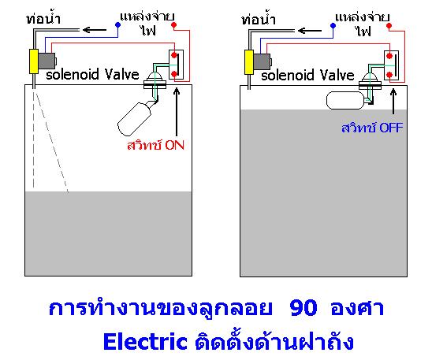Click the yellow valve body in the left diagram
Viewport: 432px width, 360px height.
(34, 61)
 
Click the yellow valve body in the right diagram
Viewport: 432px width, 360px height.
(249, 62)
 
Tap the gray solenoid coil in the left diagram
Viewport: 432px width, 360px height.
(47, 61)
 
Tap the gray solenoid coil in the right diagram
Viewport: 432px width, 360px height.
(263, 61)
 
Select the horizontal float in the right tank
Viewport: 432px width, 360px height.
(345, 100)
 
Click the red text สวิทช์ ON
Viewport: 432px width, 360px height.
(155, 145)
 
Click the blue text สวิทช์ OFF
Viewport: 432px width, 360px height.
(372, 128)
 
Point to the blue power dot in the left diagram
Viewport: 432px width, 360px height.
(118, 24)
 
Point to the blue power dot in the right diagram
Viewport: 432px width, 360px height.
(333, 25)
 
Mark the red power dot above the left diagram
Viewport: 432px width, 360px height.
(174, 25)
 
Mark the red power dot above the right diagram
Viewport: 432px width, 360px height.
(389, 26)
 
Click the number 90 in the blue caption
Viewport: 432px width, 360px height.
(304, 308)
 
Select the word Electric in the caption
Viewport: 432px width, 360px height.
(146, 342)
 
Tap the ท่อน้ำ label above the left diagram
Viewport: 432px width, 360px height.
(43, 18)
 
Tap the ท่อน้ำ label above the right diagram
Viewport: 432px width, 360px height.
(259, 19)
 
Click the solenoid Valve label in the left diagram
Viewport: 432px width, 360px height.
(92, 74)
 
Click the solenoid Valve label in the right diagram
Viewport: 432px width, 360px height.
(307, 75)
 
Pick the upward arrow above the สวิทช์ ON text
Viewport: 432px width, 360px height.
(177, 113)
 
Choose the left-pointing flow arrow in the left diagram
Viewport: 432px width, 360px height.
(95, 29)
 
